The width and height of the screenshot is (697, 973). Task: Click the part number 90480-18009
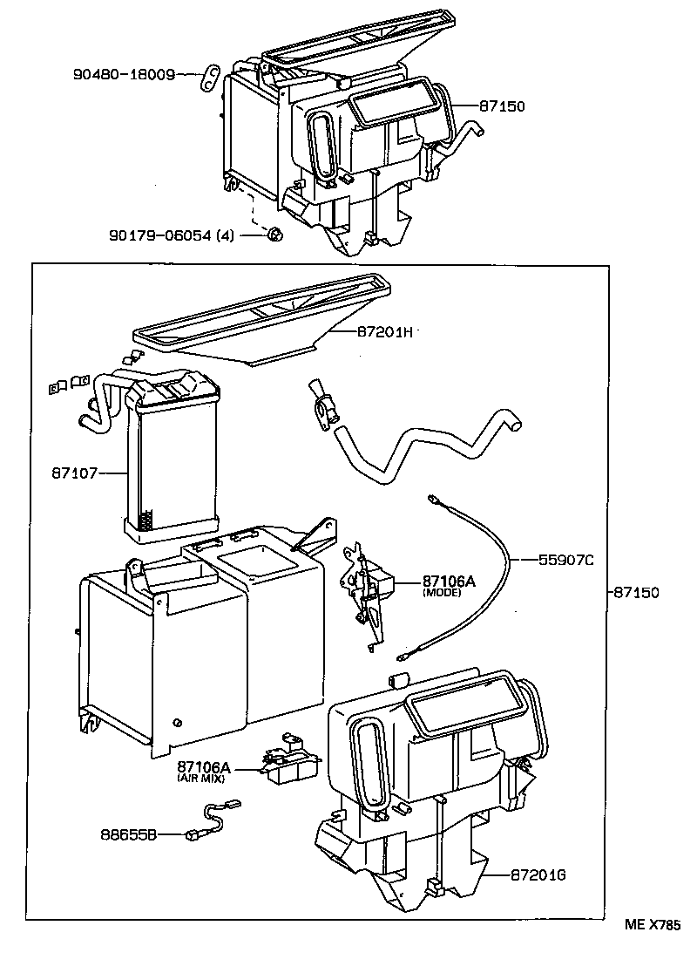tap(124, 76)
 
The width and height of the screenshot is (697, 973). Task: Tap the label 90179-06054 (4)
tap(172, 235)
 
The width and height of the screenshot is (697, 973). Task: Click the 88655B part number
tap(128, 835)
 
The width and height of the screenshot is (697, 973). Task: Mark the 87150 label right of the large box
tap(636, 592)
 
